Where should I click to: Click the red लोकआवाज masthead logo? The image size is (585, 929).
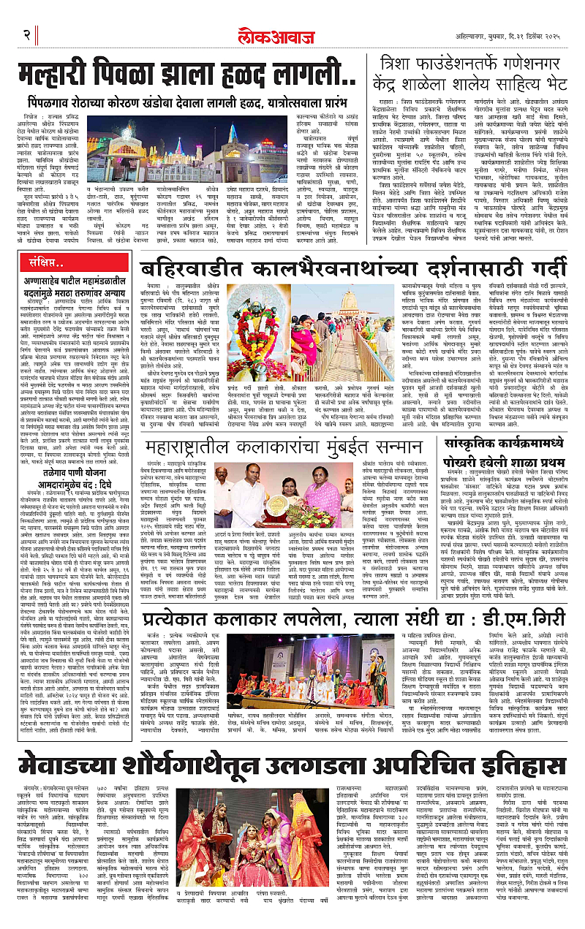(x=293, y=15)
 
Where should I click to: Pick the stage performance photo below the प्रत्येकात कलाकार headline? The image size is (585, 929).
(x=325, y=664)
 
